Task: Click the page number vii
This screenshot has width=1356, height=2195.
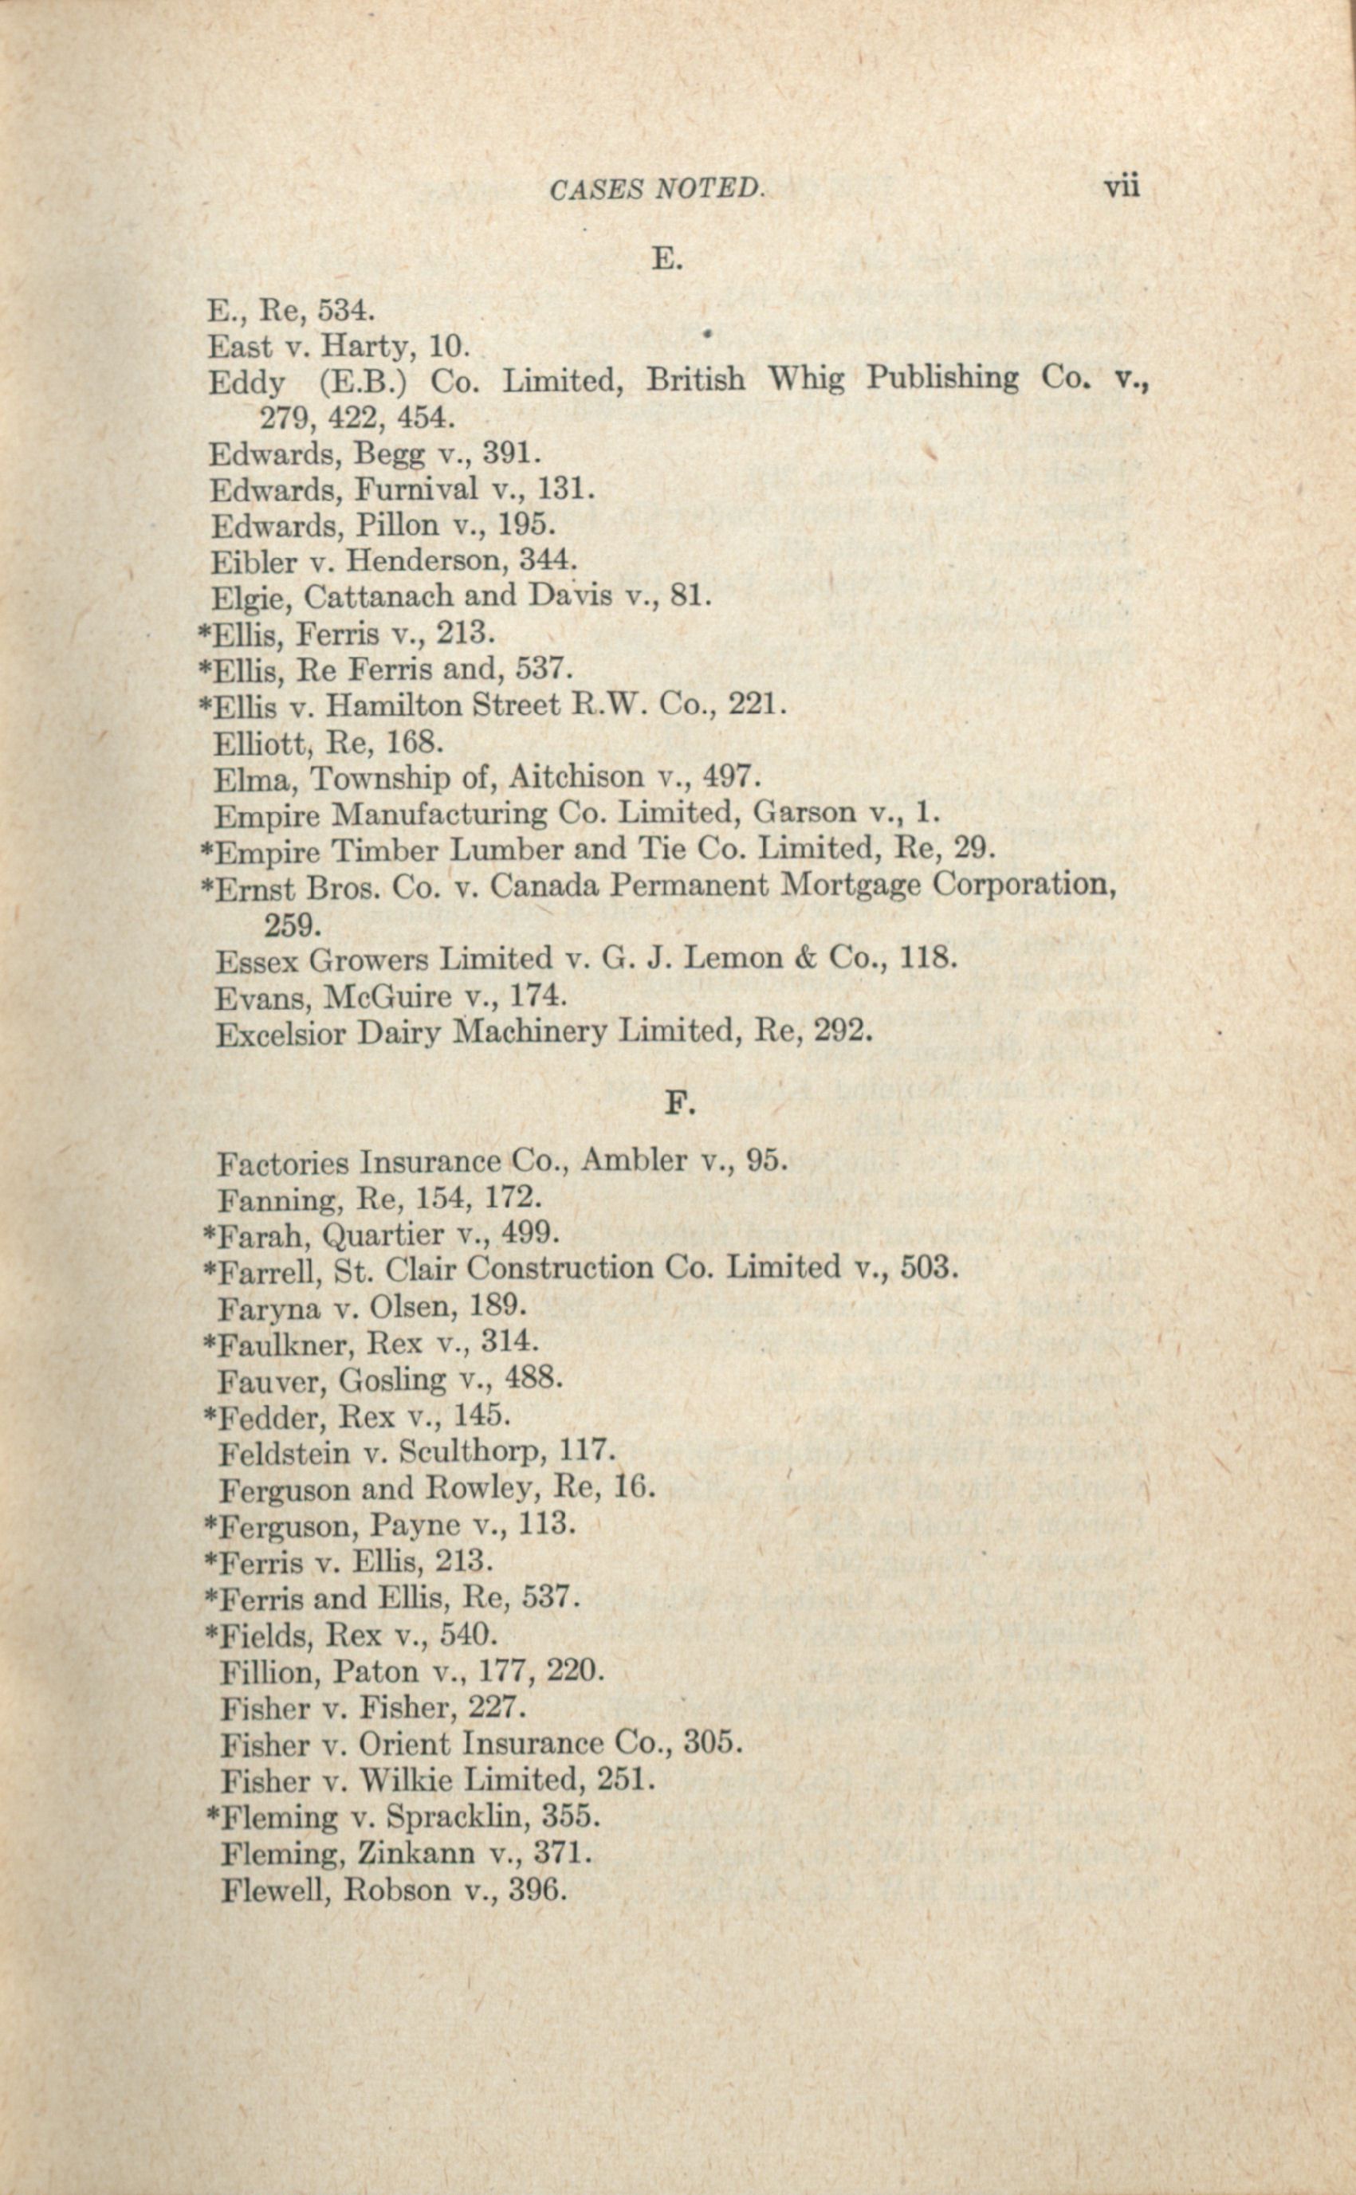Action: point(1121,187)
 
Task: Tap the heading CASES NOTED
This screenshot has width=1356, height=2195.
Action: point(655,189)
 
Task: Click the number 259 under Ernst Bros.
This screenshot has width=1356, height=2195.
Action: point(292,923)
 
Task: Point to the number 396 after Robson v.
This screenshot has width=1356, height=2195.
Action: point(537,1891)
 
